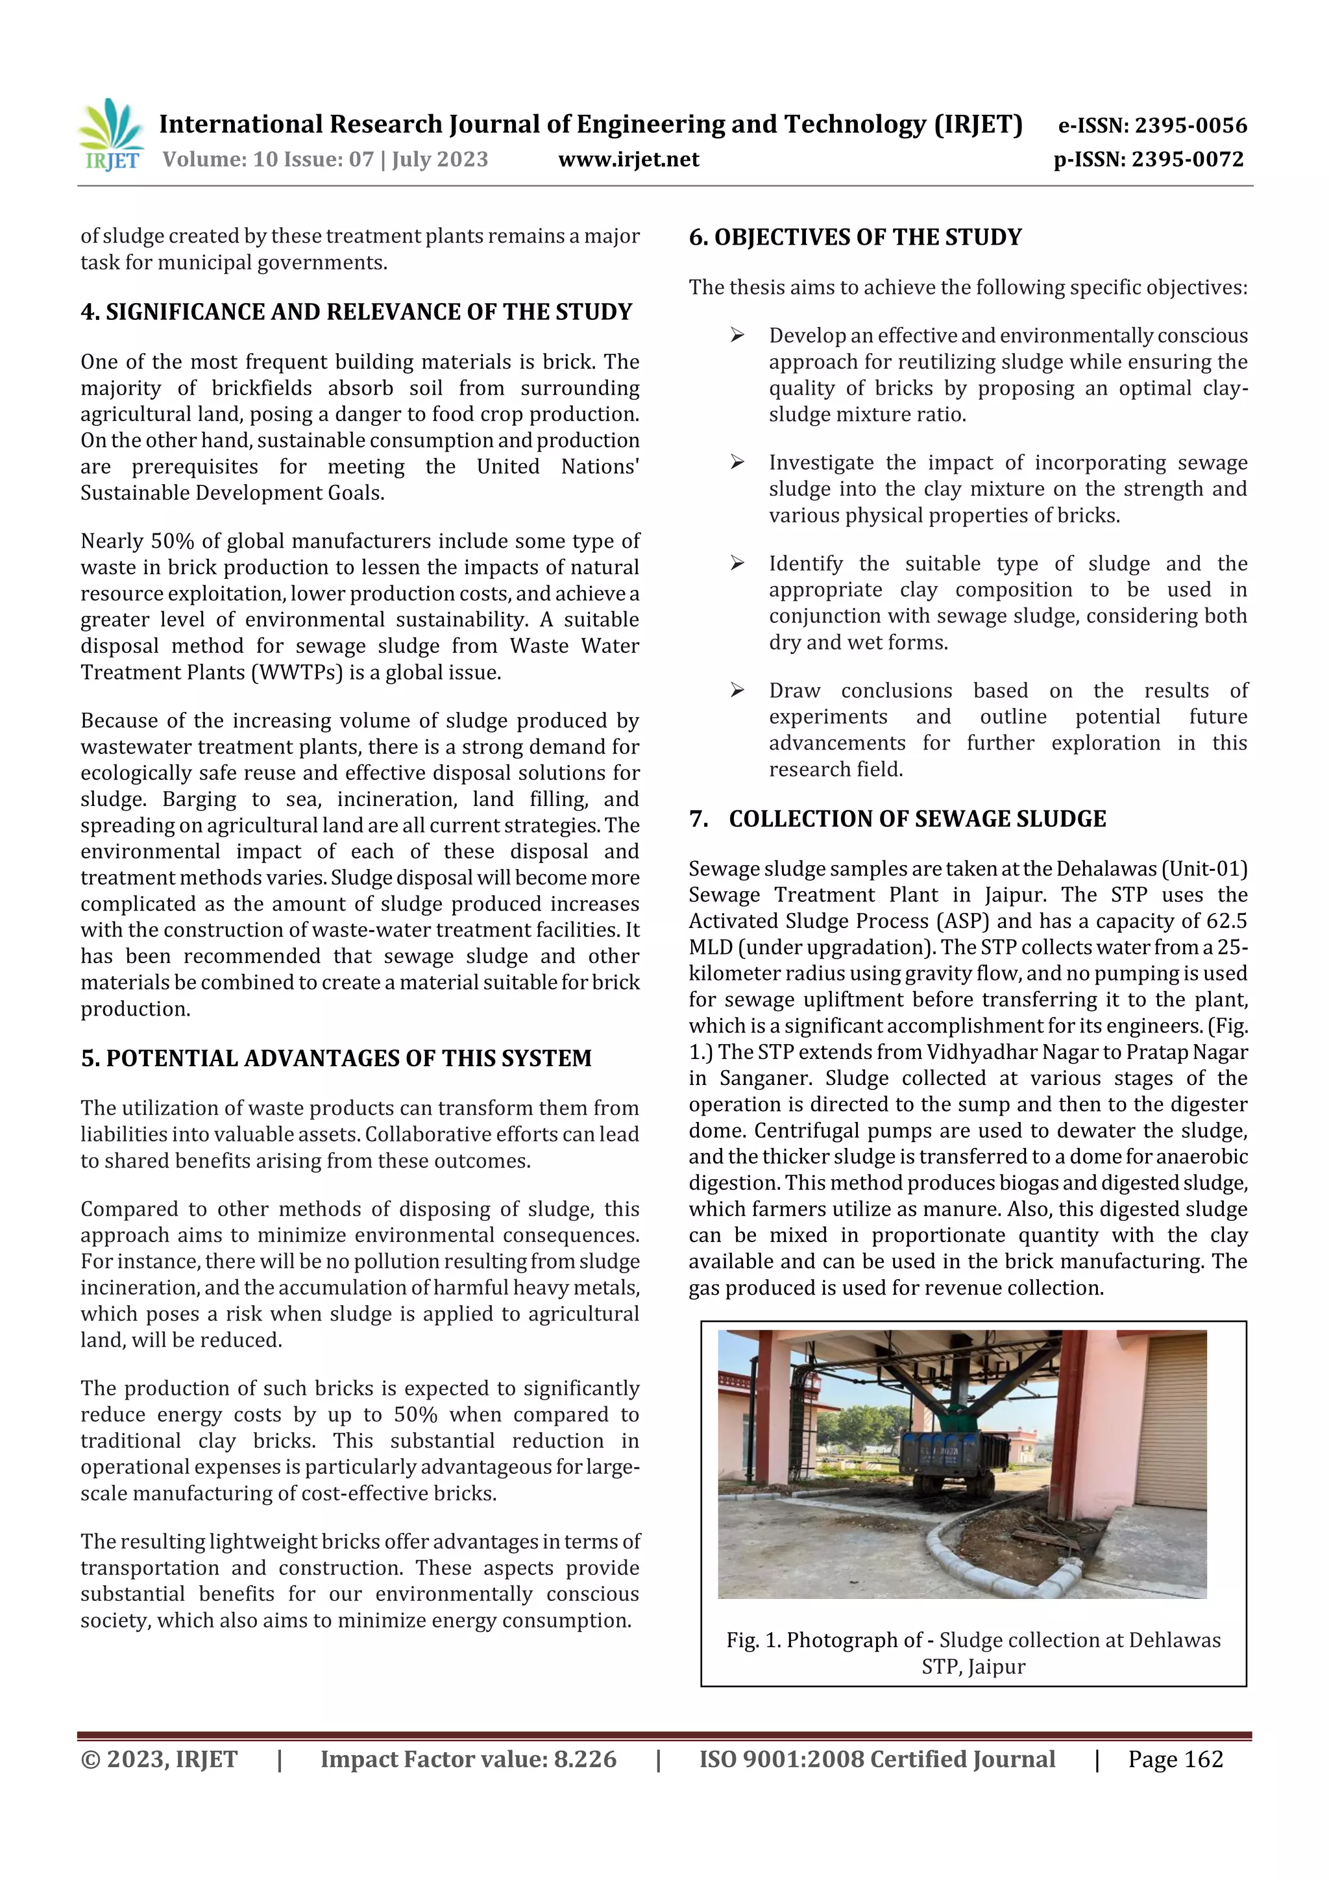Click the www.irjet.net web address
(x=628, y=160)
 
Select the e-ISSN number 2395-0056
(x=1191, y=125)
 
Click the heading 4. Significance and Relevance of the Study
(x=356, y=312)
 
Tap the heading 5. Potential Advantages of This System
(x=335, y=1058)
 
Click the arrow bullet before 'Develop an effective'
(x=737, y=336)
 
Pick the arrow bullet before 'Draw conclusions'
(x=737, y=690)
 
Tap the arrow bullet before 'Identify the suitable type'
(x=737, y=563)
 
